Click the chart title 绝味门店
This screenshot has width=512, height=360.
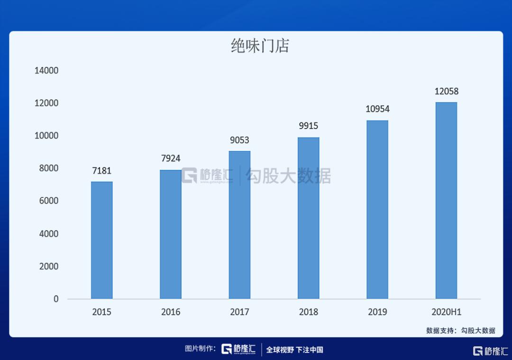260,46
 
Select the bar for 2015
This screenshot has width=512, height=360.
102,240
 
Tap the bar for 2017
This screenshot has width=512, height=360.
239,225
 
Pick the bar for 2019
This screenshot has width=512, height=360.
377,210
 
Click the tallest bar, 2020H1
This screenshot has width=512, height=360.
446,201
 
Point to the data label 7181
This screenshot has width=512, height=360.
102,171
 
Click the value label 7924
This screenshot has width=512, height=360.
171,158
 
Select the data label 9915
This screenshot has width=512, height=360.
309,126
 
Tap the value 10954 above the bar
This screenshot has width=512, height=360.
377,109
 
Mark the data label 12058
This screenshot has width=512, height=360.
446,91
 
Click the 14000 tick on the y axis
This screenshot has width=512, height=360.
46,71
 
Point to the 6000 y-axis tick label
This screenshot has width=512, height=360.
46,201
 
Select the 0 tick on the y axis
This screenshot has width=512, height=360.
56,299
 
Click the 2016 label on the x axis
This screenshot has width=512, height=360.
171,312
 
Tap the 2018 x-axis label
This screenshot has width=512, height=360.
309,312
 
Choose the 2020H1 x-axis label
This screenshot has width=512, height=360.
446,312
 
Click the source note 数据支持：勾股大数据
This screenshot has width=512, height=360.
460,331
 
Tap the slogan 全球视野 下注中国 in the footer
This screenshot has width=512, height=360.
294,350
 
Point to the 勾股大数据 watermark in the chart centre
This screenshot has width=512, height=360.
287,176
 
